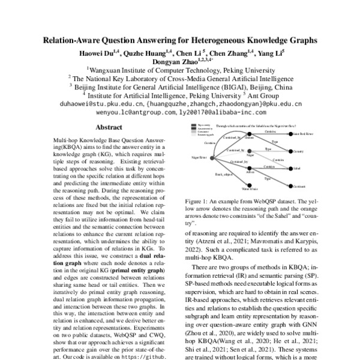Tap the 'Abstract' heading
click(x=109, y=127)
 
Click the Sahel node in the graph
click(x=296, y=170)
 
